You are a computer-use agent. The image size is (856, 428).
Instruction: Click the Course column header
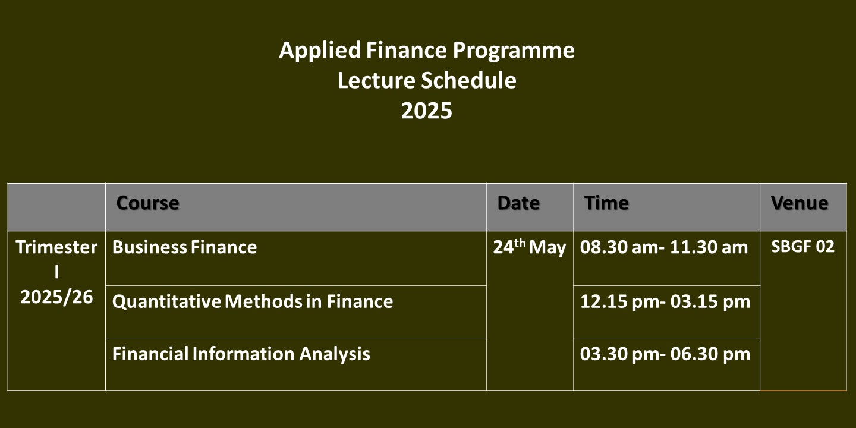147,203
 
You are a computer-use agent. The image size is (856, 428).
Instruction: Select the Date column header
518,203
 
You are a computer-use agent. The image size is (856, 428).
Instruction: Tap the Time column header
606,203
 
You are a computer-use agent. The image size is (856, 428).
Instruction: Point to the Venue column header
800,203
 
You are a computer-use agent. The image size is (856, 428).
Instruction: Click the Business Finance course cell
184,247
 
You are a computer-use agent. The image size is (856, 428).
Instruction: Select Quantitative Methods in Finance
253,301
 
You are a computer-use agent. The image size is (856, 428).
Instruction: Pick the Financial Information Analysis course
241,354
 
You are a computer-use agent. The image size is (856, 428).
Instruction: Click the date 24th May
529,247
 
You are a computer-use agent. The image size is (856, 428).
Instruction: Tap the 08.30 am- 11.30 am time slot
664,247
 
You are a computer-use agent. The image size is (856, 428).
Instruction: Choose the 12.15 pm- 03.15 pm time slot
665,301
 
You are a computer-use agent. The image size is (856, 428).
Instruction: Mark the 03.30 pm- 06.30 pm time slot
665,354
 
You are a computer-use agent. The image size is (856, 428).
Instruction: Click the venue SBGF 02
802,247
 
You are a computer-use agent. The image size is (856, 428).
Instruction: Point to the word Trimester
56,247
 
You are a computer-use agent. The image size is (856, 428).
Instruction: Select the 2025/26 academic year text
56,297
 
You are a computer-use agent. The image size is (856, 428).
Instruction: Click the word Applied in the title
320,51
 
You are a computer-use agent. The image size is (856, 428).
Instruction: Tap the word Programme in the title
514,51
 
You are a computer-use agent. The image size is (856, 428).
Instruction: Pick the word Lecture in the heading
376,80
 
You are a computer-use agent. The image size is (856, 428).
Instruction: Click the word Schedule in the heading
468,80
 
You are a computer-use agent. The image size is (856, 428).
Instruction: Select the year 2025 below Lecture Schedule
426,111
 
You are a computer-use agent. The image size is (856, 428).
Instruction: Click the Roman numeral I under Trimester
56,272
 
